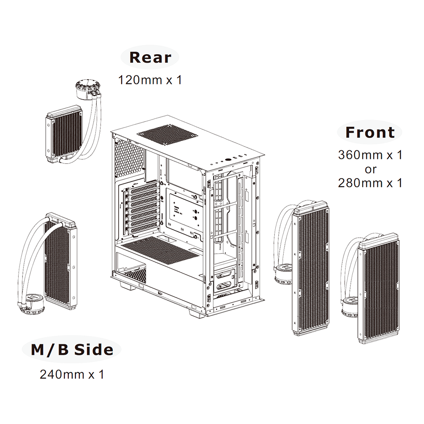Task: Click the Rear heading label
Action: (150, 57)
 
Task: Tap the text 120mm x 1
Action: (150, 80)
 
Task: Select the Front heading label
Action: (370, 132)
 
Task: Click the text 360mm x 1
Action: (370, 155)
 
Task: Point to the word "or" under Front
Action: (371, 170)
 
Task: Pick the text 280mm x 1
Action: (370, 183)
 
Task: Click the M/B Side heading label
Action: (72, 350)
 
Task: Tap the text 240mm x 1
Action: (72, 374)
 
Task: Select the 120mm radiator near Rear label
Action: (64, 134)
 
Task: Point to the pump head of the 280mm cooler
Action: (350, 307)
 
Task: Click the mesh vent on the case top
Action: (167, 135)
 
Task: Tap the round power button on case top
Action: (228, 159)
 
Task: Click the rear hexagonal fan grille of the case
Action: (129, 157)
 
